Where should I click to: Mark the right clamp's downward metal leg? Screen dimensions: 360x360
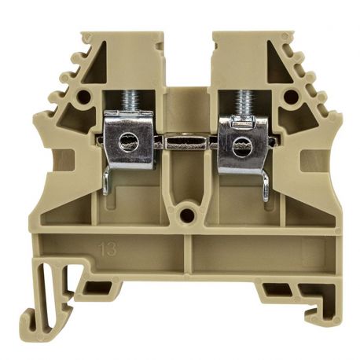pos(266,182)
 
